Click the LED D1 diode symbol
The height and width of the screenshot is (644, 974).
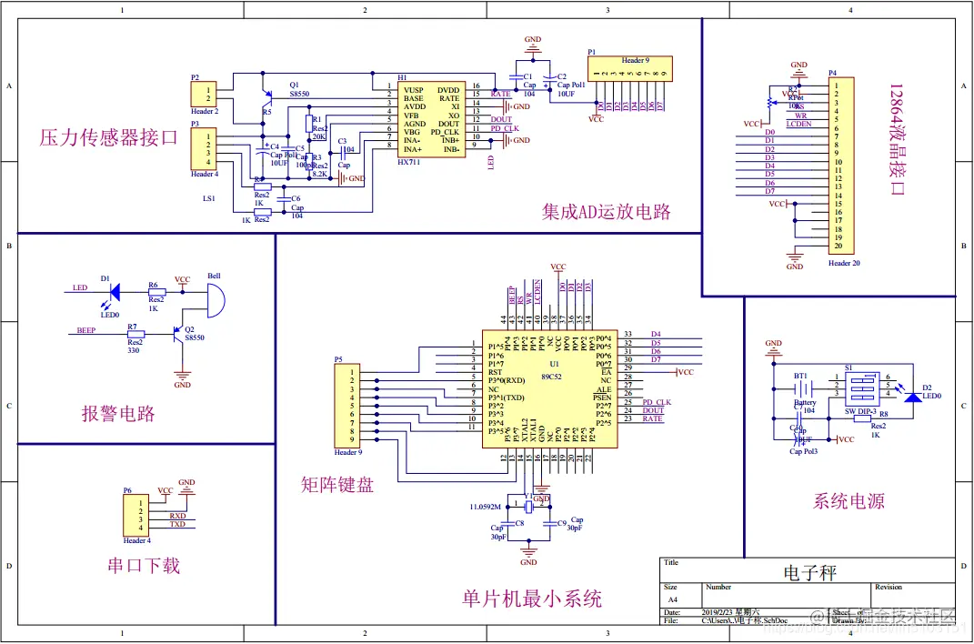click(x=115, y=292)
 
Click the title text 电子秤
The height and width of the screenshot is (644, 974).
click(x=809, y=573)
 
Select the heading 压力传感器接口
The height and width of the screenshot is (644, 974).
click(x=108, y=138)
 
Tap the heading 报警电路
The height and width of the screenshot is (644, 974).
click(x=118, y=414)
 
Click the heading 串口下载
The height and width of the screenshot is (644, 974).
click(x=143, y=566)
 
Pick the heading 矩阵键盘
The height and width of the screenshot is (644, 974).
click(x=336, y=485)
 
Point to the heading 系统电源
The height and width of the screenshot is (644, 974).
click(x=848, y=501)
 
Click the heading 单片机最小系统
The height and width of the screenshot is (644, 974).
click(x=532, y=599)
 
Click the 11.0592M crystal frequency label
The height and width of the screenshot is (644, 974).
click(x=487, y=505)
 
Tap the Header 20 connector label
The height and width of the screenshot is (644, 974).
click(x=844, y=263)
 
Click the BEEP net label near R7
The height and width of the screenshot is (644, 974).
click(x=86, y=330)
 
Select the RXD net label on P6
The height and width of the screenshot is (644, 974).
click(x=177, y=515)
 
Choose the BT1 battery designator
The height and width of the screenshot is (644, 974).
click(x=800, y=375)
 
